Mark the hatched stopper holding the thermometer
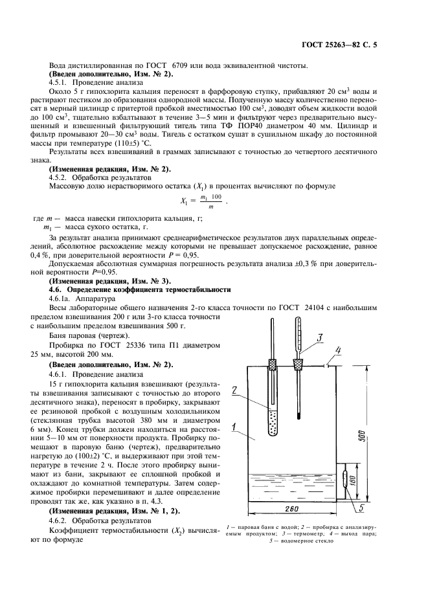tap(298, 364)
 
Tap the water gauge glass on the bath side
tap(343, 482)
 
